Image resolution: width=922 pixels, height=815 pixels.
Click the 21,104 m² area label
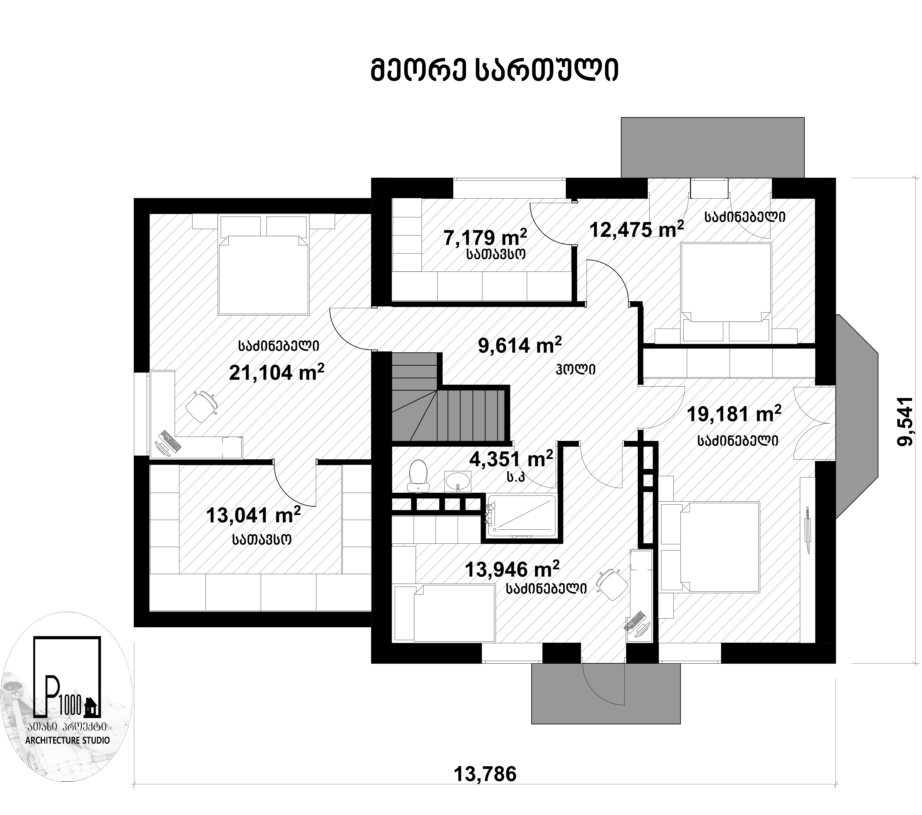point(276,372)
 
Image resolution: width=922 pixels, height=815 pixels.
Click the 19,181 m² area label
point(734,414)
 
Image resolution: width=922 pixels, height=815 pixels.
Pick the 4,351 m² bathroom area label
point(511,459)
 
